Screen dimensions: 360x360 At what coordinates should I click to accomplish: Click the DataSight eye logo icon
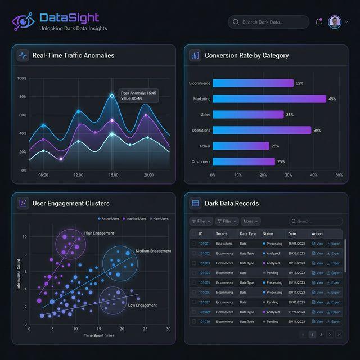23,22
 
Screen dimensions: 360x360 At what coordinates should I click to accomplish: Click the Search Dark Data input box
268,22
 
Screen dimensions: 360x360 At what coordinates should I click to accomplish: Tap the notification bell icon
319,22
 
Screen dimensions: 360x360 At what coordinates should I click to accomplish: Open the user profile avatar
335,22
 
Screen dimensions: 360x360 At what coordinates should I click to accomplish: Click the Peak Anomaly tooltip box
138,95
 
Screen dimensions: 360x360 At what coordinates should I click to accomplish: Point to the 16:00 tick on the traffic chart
113,175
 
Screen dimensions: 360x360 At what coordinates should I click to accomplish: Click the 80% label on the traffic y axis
22,97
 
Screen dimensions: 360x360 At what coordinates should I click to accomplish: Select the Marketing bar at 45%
269,99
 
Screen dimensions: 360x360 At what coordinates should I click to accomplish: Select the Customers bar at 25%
244,161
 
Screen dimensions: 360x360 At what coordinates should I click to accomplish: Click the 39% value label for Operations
317,130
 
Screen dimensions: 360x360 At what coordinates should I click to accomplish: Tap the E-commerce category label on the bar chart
200,83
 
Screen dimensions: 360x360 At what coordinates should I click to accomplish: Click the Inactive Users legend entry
134,218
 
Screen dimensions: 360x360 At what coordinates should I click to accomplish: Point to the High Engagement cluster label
99,233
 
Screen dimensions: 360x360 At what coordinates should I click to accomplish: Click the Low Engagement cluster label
142,305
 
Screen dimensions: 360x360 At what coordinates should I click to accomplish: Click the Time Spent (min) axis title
98,335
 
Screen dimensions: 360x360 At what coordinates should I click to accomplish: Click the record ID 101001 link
204,244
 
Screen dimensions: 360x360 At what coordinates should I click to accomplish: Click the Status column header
268,233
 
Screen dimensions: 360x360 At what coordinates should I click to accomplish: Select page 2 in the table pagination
321,334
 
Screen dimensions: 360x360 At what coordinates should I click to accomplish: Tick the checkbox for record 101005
193,282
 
